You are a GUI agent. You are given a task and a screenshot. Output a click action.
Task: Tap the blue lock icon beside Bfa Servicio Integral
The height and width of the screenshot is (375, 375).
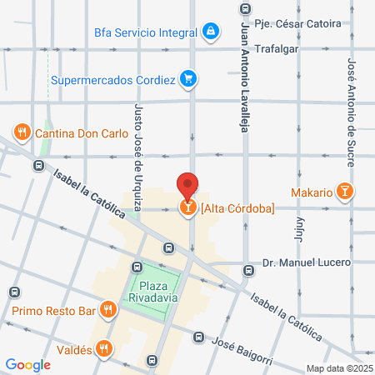tap(212, 32)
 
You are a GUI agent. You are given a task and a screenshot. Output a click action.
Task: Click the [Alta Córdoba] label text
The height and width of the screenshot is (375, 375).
tap(237, 208)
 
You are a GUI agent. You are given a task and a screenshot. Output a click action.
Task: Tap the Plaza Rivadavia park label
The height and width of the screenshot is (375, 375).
tap(153, 284)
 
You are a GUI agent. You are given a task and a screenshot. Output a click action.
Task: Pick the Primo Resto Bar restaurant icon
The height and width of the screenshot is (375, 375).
tap(107, 312)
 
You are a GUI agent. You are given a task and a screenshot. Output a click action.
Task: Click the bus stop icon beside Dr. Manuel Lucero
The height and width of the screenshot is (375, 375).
tap(248, 270)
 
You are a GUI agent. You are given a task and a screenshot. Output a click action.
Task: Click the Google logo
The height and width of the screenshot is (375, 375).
tap(28, 364)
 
